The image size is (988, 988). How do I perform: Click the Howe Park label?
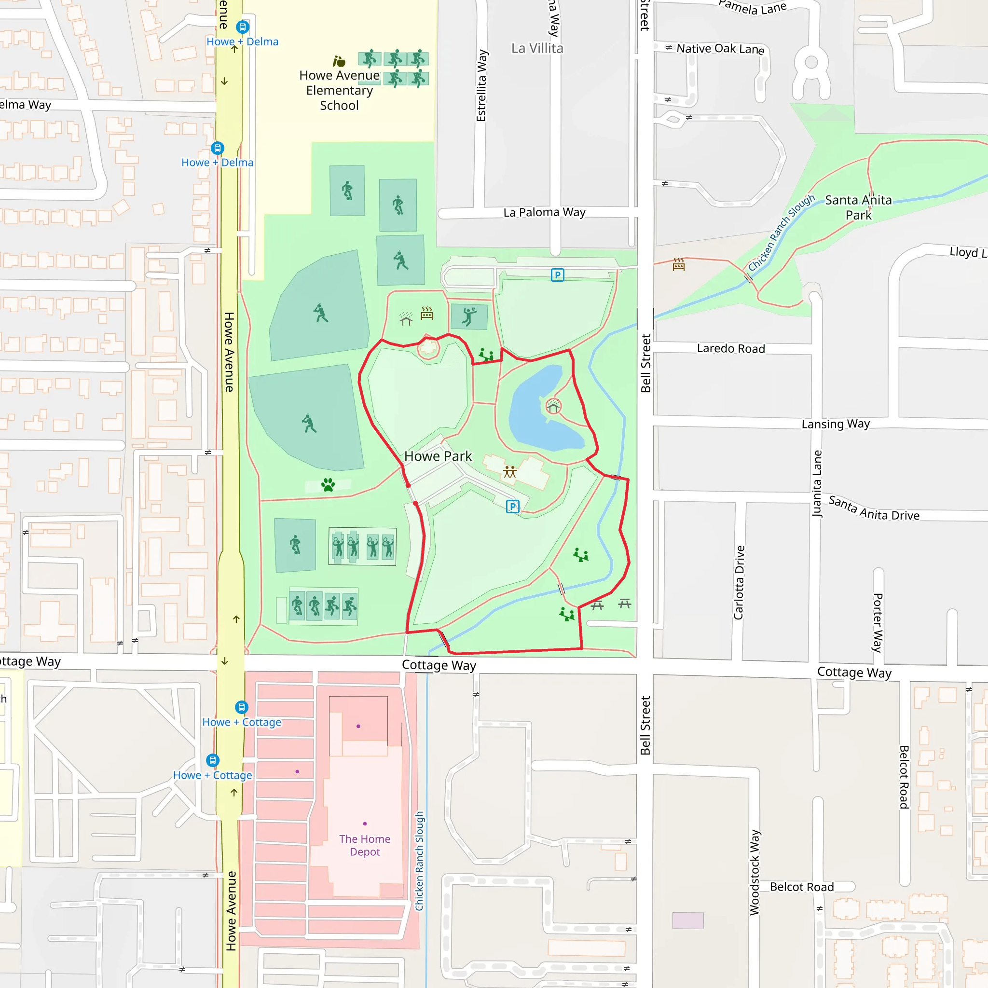pyautogui.click(x=438, y=456)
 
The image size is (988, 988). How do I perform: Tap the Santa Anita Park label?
pyautogui.click(x=858, y=207)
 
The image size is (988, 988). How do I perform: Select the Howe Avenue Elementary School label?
pyautogui.click(x=339, y=91)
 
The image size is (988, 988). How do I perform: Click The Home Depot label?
pyautogui.click(x=365, y=845)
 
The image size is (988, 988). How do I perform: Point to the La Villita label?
pyautogui.click(x=537, y=48)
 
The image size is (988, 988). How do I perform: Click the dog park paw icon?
pyautogui.click(x=328, y=484)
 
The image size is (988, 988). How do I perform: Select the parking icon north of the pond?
pyautogui.click(x=557, y=275)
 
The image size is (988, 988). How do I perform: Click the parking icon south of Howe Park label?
pyautogui.click(x=512, y=506)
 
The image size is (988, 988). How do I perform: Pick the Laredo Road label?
pyautogui.click(x=731, y=349)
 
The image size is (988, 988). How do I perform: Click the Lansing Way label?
pyautogui.click(x=835, y=424)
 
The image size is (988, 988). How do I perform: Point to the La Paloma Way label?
pyautogui.click(x=544, y=212)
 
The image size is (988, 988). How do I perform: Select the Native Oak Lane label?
pyautogui.click(x=720, y=49)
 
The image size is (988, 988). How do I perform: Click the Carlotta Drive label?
pyautogui.click(x=739, y=582)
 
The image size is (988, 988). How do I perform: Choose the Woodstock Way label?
pyautogui.click(x=755, y=872)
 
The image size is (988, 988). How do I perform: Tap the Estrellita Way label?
pyautogui.click(x=481, y=85)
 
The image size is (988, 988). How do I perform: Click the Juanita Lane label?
pyautogui.click(x=817, y=483)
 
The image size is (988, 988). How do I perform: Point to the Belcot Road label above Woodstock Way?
pyautogui.click(x=801, y=887)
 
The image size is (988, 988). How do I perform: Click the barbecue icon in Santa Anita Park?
pyautogui.click(x=679, y=264)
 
